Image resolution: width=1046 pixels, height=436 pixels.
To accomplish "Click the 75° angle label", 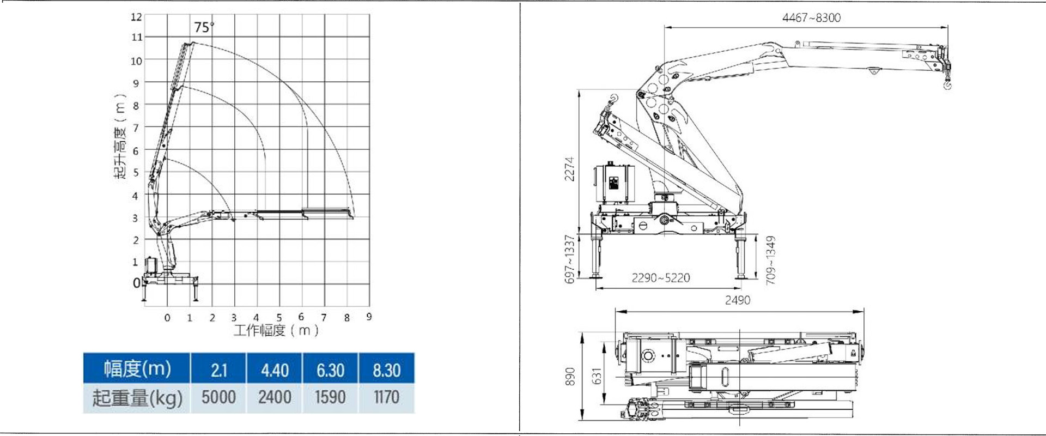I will pyautogui.click(x=204, y=27).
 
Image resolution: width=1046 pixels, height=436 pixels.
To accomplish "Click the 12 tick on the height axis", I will pyautogui.click(x=136, y=17).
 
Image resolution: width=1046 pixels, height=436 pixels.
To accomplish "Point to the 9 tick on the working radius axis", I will pyautogui.click(x=369, y=317).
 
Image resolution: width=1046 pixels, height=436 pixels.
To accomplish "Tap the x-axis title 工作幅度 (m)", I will pyautogui.click(x=276, y=330).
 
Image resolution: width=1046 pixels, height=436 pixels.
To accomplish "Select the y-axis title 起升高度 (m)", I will pyautogui.click(x=120, y=136).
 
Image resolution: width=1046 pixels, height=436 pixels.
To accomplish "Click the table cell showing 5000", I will pyautogui.click(x=218, y=397).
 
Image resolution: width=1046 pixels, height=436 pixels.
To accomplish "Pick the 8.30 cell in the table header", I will pyautogui.click(x=386, y=370).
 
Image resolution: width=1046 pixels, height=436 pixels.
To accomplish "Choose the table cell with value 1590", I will pyautogui.click(x=330, y=397).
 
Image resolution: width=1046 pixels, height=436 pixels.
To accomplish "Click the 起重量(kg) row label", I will pyautogui.click(x=137, y=398).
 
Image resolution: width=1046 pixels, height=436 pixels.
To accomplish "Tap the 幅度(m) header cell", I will pyautogui.click(x=137, y=369).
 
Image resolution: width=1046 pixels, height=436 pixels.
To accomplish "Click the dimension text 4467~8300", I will pyautogui.click(x=811, y=17).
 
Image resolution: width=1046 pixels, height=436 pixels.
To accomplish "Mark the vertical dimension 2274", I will pyautogui.click(x=569, y=169).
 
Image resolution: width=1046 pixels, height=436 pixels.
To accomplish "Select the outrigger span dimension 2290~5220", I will pyautogui.click(x=660, y=278).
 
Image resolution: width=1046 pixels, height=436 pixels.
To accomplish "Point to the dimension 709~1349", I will pyautogui.click(x=770, y=260).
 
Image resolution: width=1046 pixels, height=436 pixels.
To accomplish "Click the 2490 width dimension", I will pyautogui.click(x=737, y=300).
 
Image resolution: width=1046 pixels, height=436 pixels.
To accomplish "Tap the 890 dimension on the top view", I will pyautogui.click(x=570, y=377).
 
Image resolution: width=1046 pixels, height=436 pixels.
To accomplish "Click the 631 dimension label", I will pyautogui.click(x=597, y=376).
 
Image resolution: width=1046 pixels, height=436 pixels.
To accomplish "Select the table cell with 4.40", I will pyautogui.click(x=275, y=370).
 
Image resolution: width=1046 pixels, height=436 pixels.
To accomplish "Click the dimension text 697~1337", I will pyautogui.click(x=569, y=259).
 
